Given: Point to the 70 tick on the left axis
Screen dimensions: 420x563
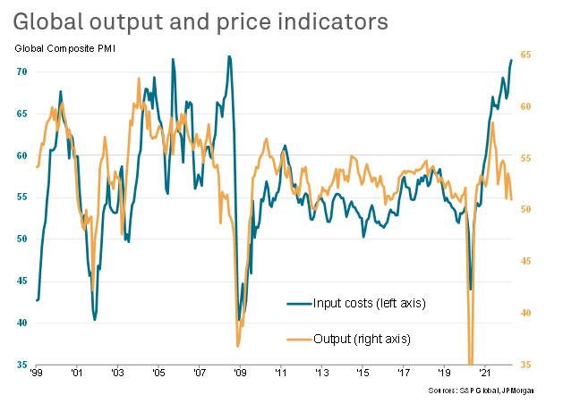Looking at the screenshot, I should (x=20, y=71).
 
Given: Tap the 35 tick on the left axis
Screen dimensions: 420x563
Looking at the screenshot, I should (x=20, y=365).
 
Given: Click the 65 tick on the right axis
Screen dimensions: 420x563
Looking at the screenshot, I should (x=526, y=55).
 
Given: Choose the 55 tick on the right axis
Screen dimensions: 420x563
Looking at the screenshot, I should (x=526, y=158).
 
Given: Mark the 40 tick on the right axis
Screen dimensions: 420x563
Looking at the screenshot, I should (x=526, y=313).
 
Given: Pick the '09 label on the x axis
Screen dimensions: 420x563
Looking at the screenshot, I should (x=240, y=374).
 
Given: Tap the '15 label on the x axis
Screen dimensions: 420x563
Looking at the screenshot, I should (x=362, y=374).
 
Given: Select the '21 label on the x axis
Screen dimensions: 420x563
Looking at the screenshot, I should (x=484, y=374).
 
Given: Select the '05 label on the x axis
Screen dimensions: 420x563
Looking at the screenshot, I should (x=158, y=374).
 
